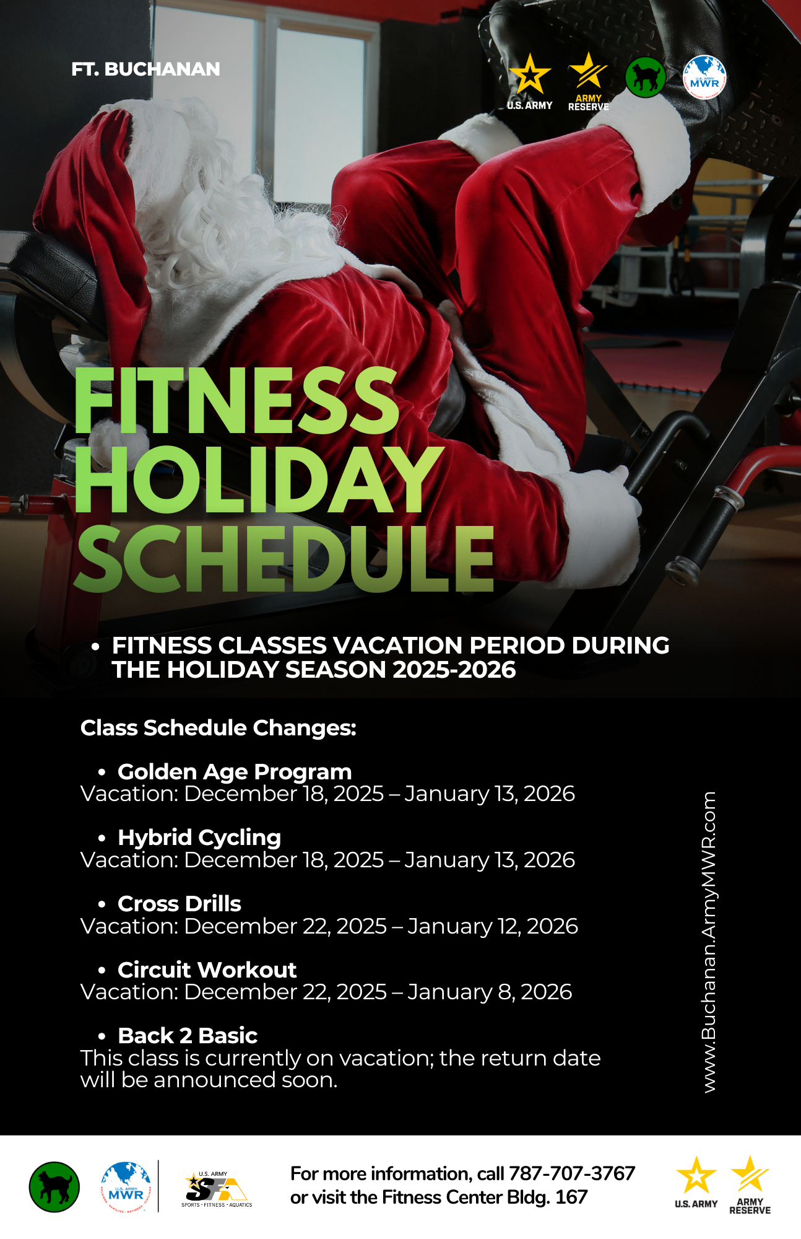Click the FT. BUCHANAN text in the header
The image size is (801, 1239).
click(145, 69)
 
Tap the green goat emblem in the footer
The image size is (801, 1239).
click(54, 1186)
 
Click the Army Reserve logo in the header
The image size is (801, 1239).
click(588, 81)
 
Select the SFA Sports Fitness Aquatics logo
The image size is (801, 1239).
click(217, 1189)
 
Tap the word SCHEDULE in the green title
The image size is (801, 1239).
click(284, 558)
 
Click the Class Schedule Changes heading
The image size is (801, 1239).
click(219, 728)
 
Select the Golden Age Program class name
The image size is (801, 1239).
click(235, 772)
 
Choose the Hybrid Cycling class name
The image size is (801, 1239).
click(199, 838)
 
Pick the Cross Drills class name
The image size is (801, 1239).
click(180, 904)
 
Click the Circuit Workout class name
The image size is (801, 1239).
click(207, 970)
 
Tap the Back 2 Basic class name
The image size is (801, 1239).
click(188, 1036)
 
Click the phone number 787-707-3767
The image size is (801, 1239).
click(572, 1173)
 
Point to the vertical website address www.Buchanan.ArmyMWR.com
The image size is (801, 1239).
click(709, 942)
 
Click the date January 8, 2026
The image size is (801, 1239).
click(490, 992)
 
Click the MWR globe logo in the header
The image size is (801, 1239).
click(704, 77)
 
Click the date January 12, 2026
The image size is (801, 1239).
click(493, 926)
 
